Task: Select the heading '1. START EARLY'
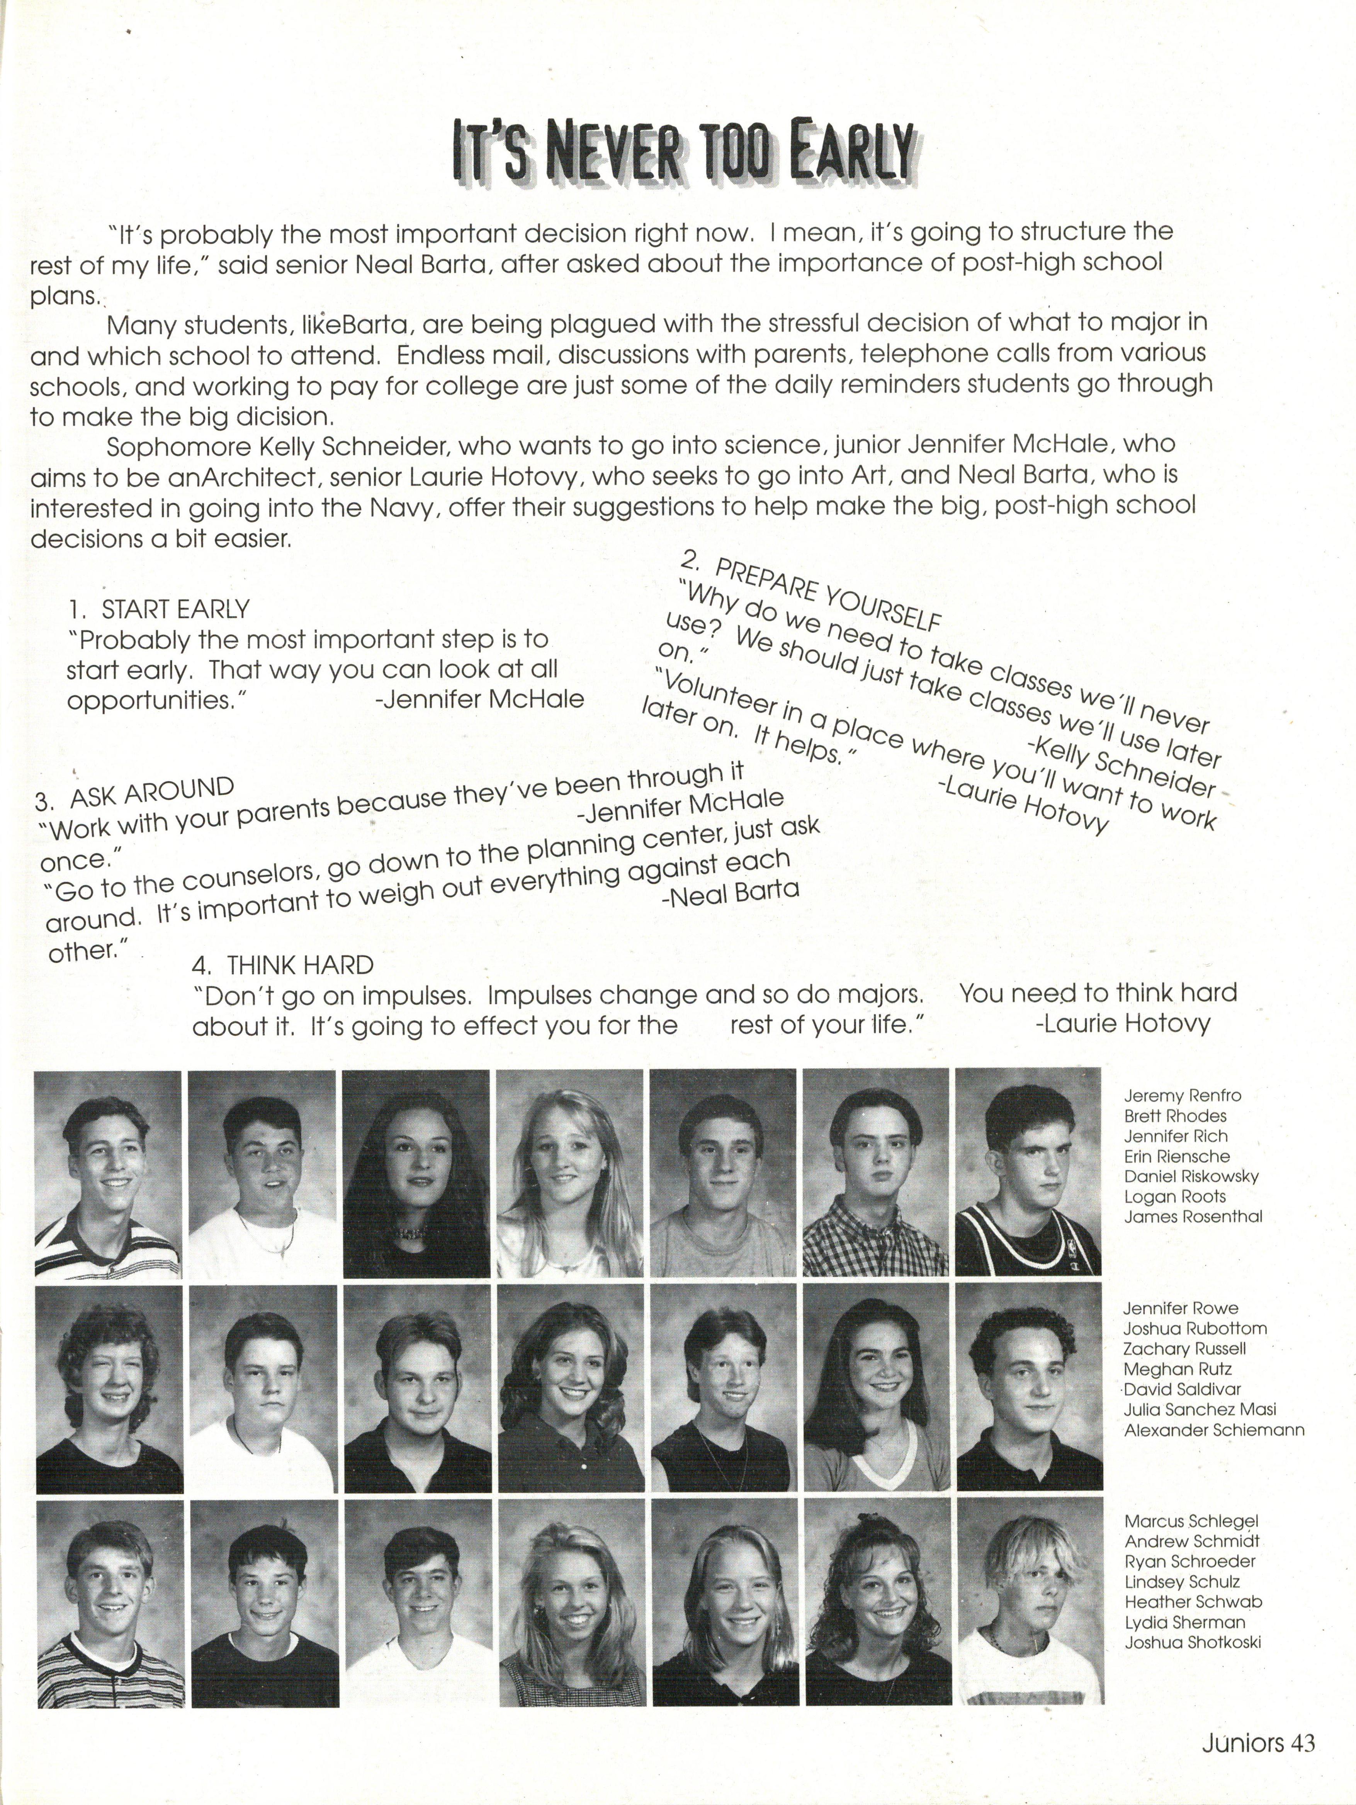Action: pyautogui.click(x=159, y=609)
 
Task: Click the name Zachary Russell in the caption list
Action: pyautogui.click(x=1184, y=1349)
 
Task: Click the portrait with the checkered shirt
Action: pyautogui.click(x=876, y=1173)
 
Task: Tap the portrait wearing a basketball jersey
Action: pyautogui.click(x=1028, y=1173)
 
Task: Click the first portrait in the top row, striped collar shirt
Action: pyautogui.click(x=108, y=1173)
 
